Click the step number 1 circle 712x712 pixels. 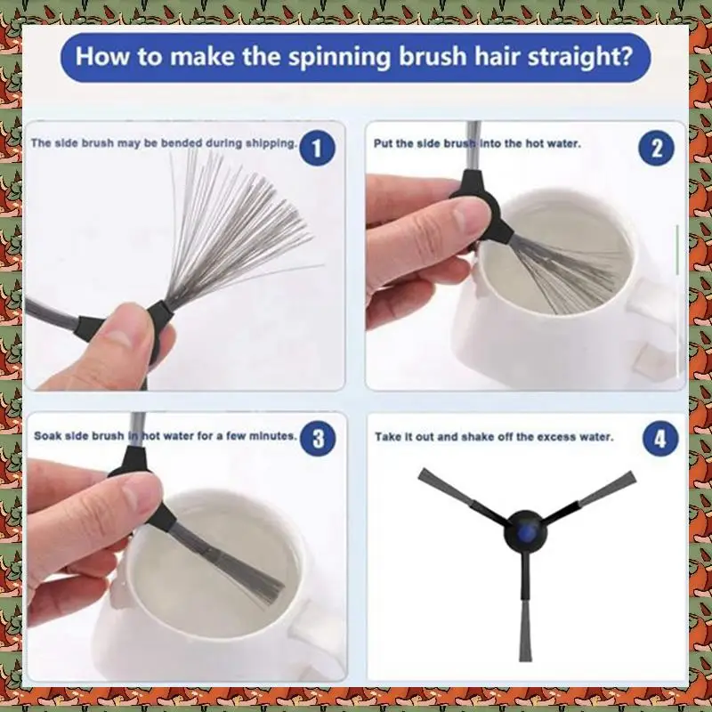[318, 148]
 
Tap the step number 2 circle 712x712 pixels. [657, 148]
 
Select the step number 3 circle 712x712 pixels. [319, 439]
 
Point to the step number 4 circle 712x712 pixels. [660, 439]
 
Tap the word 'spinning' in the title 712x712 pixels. [339, 56]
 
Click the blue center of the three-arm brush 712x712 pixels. [525, 531]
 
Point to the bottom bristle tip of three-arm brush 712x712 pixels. [525, 659]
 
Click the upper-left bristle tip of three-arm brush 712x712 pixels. [421, 473]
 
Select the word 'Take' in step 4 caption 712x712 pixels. [386, 437]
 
